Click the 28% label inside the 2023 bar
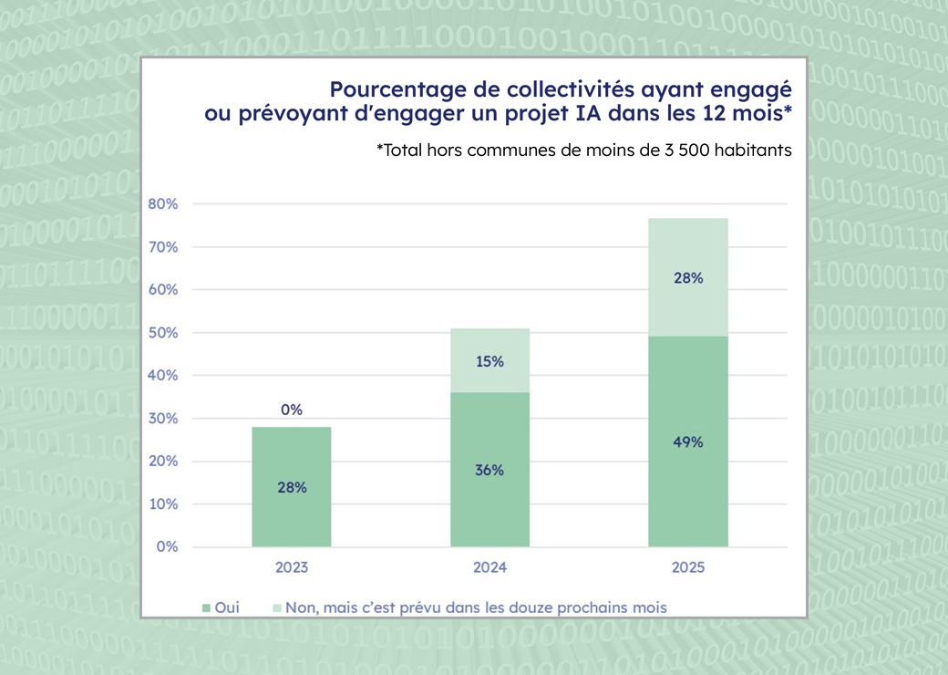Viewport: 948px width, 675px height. click(292, 487)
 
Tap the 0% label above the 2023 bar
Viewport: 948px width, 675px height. click(292, 410)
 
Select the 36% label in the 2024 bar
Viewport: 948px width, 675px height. click(489, 470)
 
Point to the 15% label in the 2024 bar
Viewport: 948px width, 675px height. click(489, 361)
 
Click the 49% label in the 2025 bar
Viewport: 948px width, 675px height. click(688, 441)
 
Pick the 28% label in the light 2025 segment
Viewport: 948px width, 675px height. click(688, 278)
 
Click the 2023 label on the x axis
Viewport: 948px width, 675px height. click(292, 567)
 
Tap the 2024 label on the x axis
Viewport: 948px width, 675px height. click(489, 567)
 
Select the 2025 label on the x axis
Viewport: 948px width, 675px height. click(688, 567)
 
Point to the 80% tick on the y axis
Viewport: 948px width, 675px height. click(162, 203)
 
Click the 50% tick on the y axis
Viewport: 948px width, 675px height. click(162, 333)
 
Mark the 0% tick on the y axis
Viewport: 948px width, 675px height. click(166, 546)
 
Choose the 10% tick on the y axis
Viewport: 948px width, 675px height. click(162, 504)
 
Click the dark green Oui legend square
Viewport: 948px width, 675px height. click(206, 607)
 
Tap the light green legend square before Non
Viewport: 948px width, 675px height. click(276, 607)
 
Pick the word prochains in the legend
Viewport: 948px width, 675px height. click(589, 607)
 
